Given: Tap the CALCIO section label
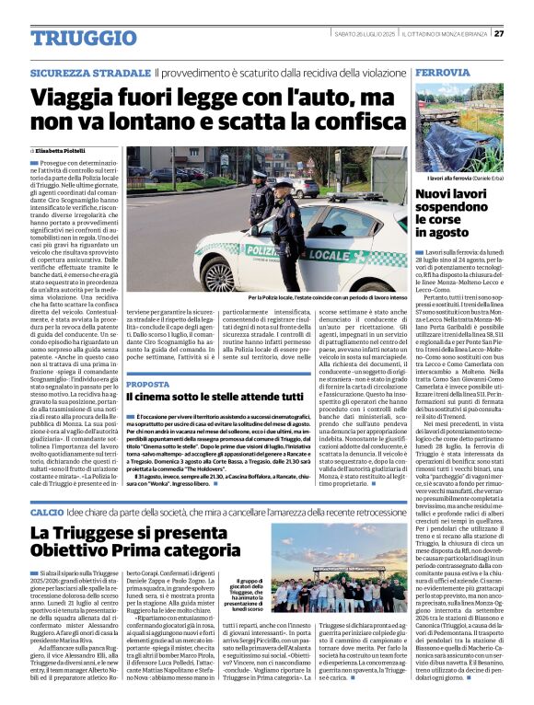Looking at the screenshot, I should pyautogui.click(x=46, y=510).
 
